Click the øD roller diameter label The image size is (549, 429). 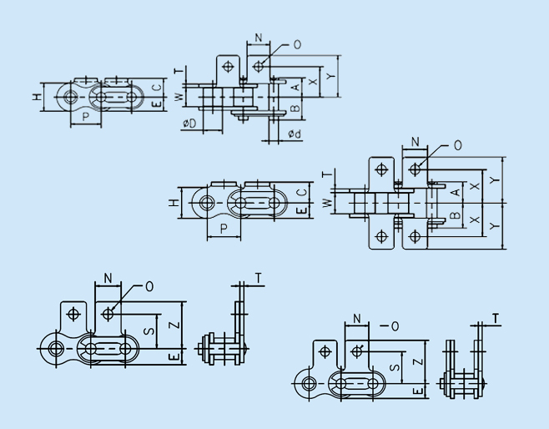189,124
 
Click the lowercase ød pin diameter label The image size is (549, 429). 295,134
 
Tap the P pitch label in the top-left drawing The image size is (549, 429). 86,117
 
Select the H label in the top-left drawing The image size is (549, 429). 37,96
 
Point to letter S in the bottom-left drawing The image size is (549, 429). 149,331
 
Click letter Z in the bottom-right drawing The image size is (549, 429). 419,361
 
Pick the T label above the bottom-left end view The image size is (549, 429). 259,278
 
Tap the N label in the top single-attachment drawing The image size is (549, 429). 259,38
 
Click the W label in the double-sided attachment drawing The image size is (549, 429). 327,203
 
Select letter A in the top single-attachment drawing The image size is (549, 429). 296,87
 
